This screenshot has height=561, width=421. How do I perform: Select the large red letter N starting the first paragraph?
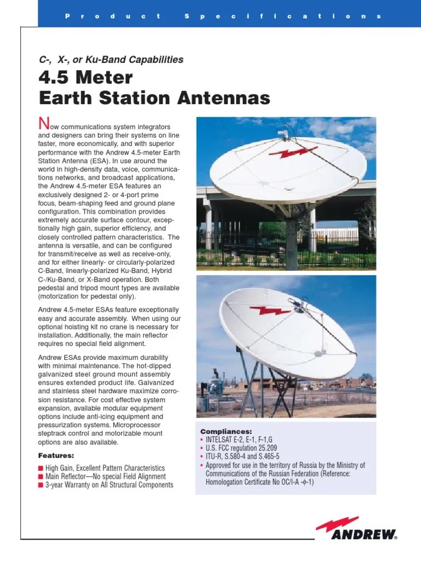[x=43, y=121]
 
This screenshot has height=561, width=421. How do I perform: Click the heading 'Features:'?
[x=56, y=455]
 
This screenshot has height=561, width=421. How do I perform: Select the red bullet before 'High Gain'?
[x=40, y=468]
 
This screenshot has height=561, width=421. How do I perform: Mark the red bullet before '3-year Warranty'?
[x=40, y=485]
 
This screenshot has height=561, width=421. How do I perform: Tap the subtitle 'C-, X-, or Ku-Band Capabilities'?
[x=111, y=59]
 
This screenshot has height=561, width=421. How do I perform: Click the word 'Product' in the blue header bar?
[x=113, y=16]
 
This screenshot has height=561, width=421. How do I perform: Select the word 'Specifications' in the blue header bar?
[x=282, y=16]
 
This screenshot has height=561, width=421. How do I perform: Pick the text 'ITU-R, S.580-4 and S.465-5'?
[x=242, y=457]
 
